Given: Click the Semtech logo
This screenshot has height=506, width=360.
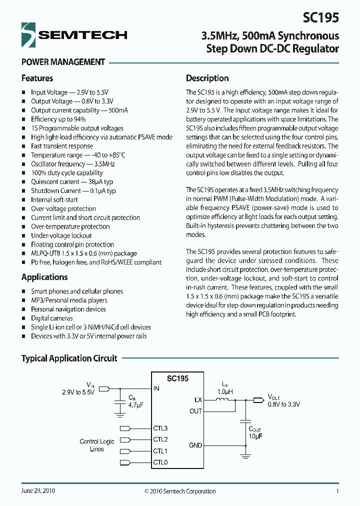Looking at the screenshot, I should (x=74, y=34).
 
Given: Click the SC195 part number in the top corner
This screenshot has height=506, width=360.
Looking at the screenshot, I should (x=320, y=17).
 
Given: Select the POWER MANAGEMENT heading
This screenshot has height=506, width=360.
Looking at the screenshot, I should (x=63, y=62).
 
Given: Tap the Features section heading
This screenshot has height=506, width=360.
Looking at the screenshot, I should (x=37, y=78).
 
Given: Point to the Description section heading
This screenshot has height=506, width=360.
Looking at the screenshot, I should (x=207, y=78).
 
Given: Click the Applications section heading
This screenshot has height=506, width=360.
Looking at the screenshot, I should (x=44, y=277).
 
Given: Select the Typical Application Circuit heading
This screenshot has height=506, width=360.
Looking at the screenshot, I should (x=69, y=358).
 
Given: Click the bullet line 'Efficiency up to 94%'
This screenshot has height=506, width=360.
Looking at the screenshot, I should (x=58, y=119).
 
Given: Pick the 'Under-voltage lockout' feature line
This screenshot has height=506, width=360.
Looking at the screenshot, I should (x=61, y=235).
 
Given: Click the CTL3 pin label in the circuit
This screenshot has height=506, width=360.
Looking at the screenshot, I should (x=160, y=428).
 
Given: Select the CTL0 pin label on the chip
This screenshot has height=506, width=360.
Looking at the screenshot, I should (x=160, y=462).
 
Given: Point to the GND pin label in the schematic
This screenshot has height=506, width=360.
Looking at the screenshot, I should (x=195, y=445).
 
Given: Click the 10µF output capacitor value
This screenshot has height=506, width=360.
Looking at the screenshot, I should (x=255, y=436).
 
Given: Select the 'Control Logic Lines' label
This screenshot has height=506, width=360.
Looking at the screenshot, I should (x=97, y=445).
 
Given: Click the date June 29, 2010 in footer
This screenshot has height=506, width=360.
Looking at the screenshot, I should (x=38, y=491).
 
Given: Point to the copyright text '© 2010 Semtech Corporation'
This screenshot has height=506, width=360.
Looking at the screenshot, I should (x=180, y=491).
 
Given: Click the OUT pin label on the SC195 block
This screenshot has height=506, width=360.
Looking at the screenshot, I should (x=195, y=411).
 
